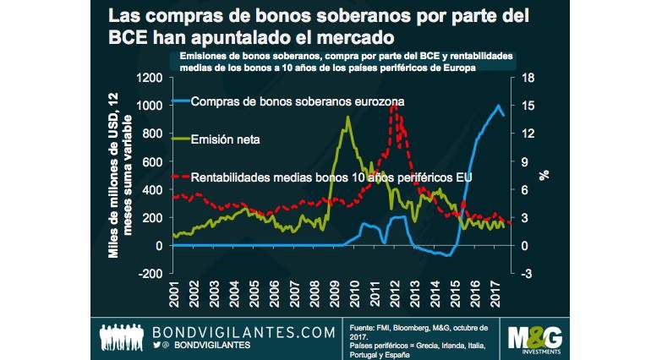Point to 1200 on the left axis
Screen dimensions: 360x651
tap(146, 78)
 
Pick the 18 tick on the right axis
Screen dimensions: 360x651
tap(527, 78)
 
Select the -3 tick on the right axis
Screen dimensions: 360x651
tap(526, 273)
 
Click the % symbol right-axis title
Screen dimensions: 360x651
tap(545, 175)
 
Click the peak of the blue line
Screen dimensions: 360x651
tap(499, 106)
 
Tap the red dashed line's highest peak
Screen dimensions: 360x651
tap(393, 105)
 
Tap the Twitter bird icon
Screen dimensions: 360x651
tap(157, 346)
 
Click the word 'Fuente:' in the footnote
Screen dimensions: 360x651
tap(366, 325)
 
